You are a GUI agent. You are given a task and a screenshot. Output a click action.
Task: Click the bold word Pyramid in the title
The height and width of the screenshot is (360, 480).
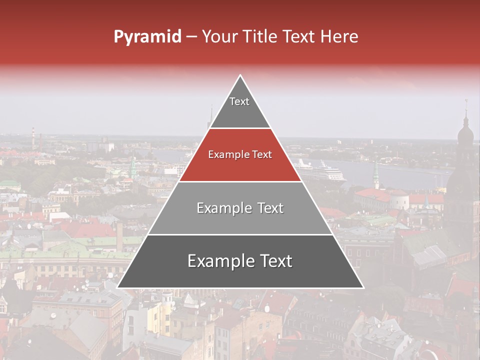point(147,36)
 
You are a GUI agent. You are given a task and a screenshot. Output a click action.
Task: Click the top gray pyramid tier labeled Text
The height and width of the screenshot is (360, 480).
point(239,107)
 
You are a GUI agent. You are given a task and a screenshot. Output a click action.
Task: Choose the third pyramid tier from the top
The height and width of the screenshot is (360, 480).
point(240,208)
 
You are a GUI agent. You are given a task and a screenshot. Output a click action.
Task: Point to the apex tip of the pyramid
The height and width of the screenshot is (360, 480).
point(240,76)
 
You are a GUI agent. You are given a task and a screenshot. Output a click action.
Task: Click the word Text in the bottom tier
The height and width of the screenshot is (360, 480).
point(271,261)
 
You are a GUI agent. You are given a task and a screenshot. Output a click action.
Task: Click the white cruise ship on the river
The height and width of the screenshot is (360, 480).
point(320,171)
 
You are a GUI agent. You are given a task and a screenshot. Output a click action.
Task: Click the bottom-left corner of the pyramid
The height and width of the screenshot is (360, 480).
point(118,287)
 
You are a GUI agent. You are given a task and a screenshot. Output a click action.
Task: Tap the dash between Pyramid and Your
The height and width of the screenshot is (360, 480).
point(191,37)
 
